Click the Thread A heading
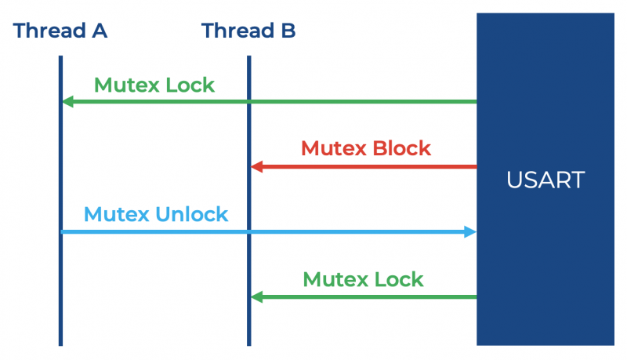coord(60,31)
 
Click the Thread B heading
coord(248,31)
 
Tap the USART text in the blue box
coord(545,180)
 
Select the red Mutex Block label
coord(365,147)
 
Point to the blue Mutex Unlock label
coord(155,213)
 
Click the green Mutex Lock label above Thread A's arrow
coord(154,84)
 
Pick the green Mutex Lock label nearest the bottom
coord(363,278)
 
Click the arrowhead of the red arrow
coord(256,166)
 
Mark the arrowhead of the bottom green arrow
coord(256,296)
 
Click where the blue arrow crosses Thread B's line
coord(248,231)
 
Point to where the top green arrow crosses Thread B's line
coord(248,101)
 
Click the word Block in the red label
coord(400,147)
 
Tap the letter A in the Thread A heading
coord(99,31)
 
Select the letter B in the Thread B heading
coord(288,31)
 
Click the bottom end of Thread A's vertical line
coord(60,343)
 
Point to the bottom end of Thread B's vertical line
coord(248,343)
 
